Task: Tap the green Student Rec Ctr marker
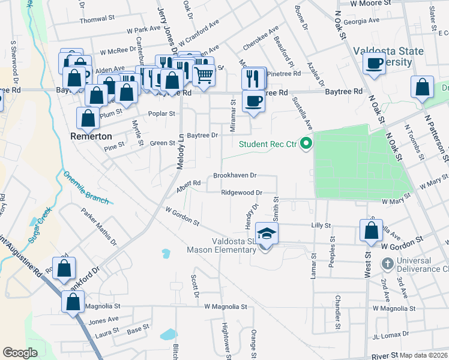coord(306,144)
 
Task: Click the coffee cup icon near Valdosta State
coord(375,62)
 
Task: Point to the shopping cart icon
coord(203,74)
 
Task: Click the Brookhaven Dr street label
coord(235,176)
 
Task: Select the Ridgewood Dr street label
coord(242,193)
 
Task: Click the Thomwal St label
coord(97,19)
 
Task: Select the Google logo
coord(20,353)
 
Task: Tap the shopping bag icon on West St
coord(371,230)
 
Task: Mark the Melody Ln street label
coord(180,152)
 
